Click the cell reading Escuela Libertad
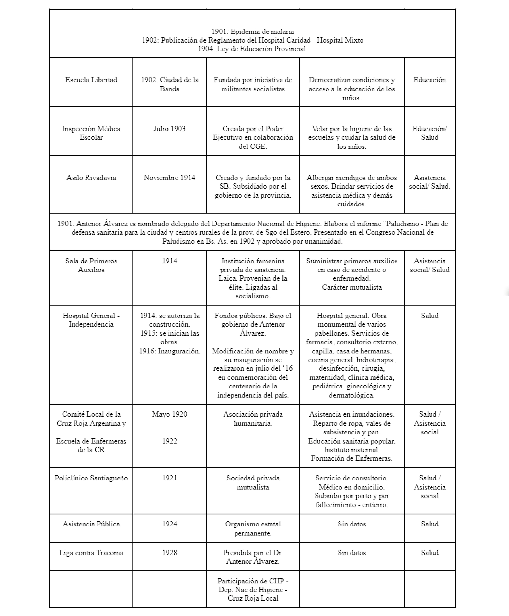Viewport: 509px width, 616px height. click(x=91, y=80)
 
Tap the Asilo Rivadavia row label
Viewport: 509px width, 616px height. click(x=91, y=178)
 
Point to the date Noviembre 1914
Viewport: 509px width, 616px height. click(x=170, y=178)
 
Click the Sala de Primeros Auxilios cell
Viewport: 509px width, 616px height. click(x=91, y=265)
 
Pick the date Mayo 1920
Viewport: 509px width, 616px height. click(x=170, y=414)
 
